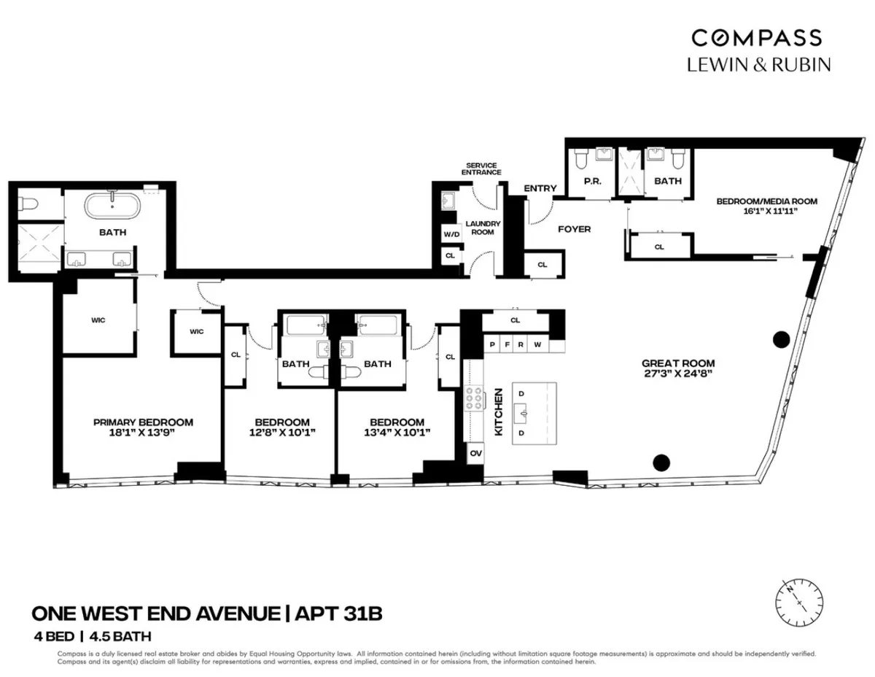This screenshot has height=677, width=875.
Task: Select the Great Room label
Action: (x=677, y=363)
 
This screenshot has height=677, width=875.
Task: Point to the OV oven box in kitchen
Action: (x=475, y=452)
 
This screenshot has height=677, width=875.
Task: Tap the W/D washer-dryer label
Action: (x=450, y=235)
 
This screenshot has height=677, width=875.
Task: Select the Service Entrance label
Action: (x=482, y=169)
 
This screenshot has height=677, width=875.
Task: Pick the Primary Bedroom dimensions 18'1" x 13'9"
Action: (x=143, y=432)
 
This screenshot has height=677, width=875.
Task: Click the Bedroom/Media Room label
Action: (x=766, y=201)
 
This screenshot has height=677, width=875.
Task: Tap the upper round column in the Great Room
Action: (x=780, y=338)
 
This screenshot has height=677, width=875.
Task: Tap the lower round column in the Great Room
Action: (x=661, y=461)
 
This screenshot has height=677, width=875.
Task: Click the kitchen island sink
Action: (x=524, y=414)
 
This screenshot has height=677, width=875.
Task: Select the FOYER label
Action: (x=574, y=229)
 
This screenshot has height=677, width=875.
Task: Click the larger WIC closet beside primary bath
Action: (x=98, y=320)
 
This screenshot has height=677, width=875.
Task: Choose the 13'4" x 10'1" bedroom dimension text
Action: (x=397, y=432)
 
